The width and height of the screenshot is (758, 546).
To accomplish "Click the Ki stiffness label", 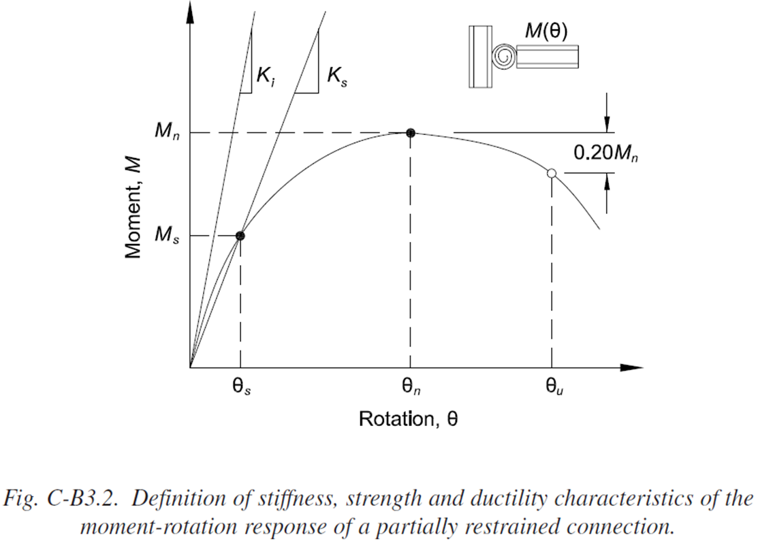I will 266,75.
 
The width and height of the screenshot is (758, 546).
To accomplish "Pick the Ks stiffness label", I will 336,75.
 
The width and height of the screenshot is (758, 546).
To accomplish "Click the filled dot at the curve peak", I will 410,133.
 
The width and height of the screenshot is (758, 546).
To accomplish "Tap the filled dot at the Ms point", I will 240,236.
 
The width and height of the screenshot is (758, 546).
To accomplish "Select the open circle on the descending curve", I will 552,173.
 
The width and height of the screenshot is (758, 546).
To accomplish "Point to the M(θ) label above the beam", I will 546,31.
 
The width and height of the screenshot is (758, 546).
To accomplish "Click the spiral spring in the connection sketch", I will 505,56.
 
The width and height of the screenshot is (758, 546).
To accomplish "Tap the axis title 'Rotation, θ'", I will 408,419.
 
